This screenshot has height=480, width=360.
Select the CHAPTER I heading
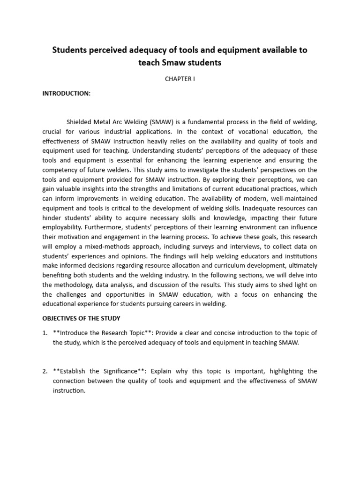[180, 79]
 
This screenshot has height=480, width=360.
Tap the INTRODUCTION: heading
[66, 93]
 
